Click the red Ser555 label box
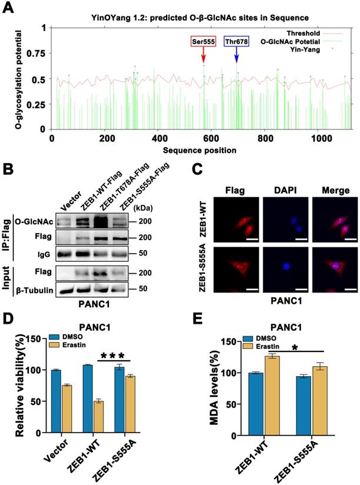click(x=203, y=41)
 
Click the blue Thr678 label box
click(x=236, y=41)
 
